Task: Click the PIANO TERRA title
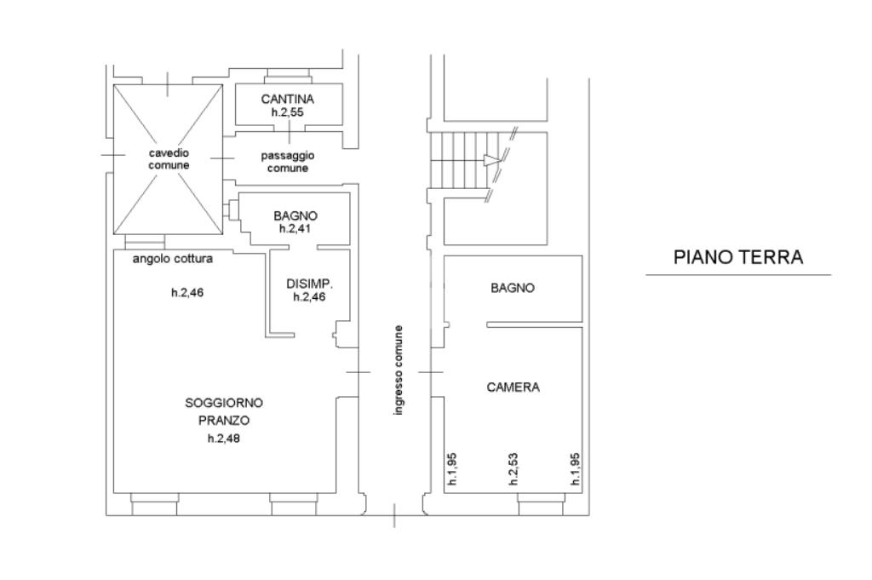coord(738,257)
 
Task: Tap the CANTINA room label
coord(288,99)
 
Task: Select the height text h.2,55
coord(288,112)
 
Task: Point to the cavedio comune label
coord(169,159)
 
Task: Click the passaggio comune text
coord(288,162)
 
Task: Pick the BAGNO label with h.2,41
coord(295,215)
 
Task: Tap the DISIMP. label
coord(310,284)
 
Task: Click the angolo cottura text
coord(172,259)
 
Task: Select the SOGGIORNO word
coord(224,403)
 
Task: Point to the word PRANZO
coord(224,421)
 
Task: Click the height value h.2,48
coord(224,439)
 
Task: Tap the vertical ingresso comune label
coord(399,370)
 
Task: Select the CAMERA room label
coord(513,387)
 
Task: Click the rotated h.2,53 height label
coord(513,468)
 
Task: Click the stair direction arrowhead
coord(491,161)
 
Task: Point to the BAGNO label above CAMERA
coord(513,288)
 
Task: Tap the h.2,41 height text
coord(295,228)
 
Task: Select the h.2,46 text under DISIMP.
coord(310,297)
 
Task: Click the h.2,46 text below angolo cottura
coord(187,292)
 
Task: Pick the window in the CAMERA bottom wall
coord(541,504)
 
